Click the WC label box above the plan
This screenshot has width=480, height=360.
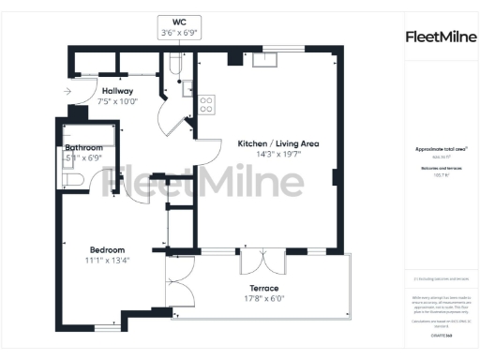179,26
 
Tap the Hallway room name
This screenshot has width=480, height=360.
118,91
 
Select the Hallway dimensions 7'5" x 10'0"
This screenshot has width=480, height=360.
118,101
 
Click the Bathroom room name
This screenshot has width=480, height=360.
83,149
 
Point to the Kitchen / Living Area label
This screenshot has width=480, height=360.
278,143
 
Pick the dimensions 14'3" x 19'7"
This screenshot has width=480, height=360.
278,155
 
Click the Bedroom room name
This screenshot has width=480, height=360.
108,249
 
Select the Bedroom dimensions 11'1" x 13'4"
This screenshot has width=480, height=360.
108,260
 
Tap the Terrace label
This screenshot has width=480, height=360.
263,289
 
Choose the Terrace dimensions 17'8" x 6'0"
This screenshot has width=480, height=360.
263,300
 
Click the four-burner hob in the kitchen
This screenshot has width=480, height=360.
206,101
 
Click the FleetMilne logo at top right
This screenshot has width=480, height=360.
439,37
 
